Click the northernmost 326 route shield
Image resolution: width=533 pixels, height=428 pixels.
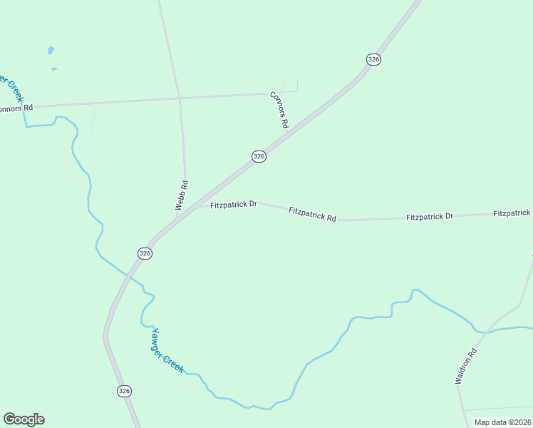point(373,59)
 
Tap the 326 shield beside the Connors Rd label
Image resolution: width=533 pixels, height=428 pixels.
point(259,156)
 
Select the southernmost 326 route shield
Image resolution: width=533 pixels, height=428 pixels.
point(125,391)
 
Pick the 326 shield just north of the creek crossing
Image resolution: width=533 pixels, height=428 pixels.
point(145,253)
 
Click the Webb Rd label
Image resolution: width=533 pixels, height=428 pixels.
point(182,195)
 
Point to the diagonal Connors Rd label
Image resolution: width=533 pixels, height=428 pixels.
point(279,109)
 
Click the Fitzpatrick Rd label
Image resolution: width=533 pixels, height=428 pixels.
point(312,213)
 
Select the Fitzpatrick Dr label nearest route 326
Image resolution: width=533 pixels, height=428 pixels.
point(234,204)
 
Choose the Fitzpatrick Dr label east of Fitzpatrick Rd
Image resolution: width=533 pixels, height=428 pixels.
point(429,216)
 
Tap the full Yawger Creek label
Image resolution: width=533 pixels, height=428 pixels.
point(167,350)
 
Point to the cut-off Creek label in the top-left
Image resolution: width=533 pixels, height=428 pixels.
point(11,87)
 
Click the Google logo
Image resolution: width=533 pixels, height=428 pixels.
point(24,419)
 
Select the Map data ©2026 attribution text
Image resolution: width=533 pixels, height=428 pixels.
point(502,422)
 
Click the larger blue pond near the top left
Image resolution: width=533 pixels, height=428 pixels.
point(51,51)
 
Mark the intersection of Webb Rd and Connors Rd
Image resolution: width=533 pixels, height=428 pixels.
point(180,97)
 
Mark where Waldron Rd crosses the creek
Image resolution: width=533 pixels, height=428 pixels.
point(484,332)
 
